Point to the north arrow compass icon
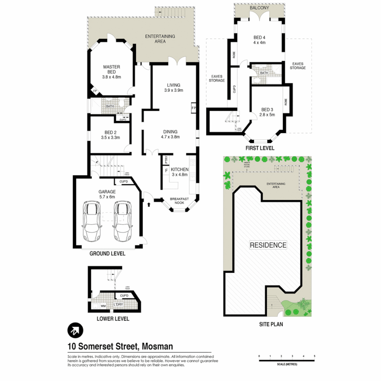[x=75, y=331]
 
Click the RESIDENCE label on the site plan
[x=268, y=245]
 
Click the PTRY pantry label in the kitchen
[x=165, y=159]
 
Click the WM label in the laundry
[x=104, y=306]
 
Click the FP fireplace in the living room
[x=194, y=108]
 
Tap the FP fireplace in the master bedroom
[x=95, y=91]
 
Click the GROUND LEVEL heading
[x=107, y=254]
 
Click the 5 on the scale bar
[x=314, y=356]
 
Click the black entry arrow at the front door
[x=149, y=204]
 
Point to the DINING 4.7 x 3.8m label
[x=170, y=134]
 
